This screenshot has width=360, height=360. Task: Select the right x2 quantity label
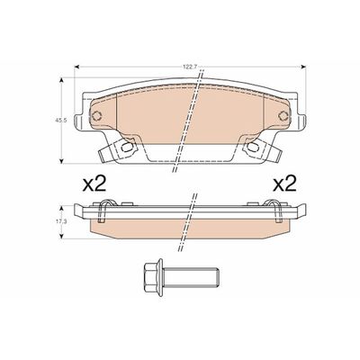click(284, 185)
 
